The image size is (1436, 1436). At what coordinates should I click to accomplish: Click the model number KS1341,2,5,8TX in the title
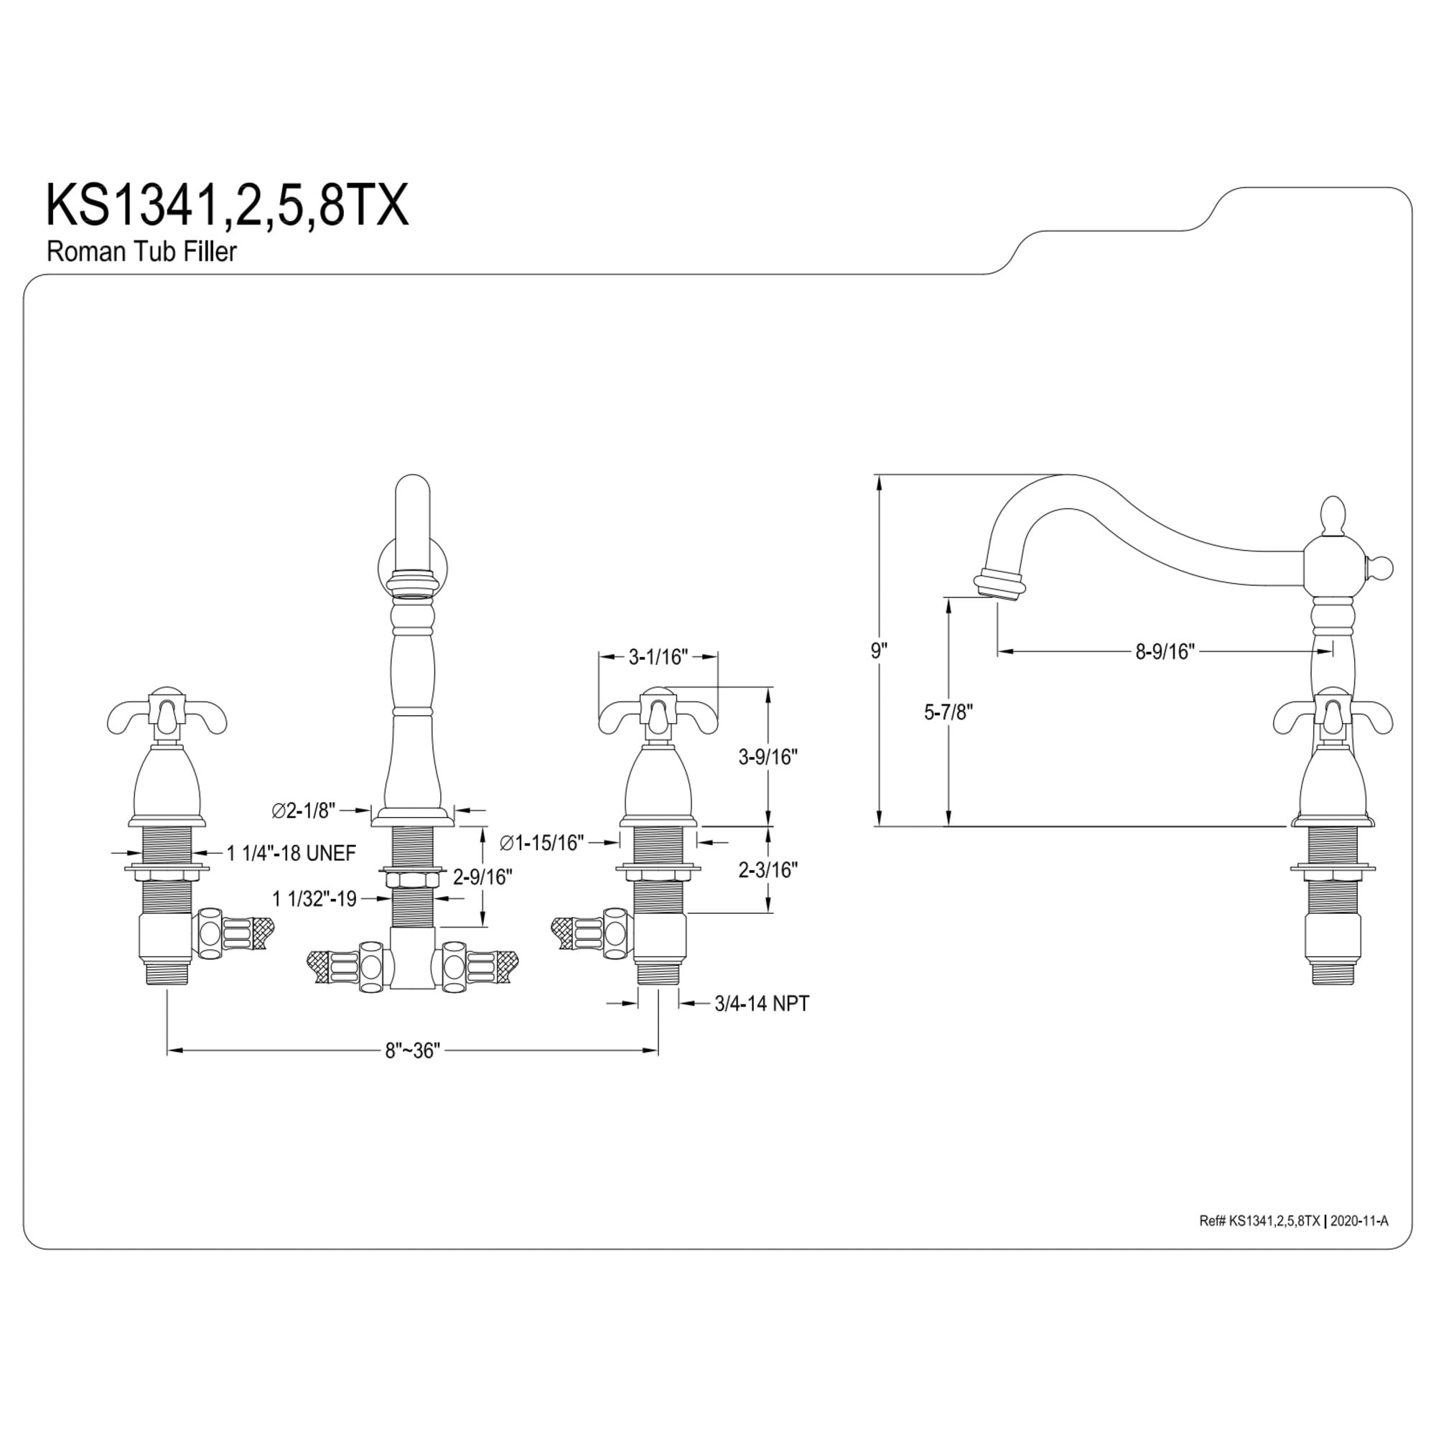(x=228, y=206)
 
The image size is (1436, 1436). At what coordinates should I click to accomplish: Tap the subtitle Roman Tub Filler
(x=141, y=251)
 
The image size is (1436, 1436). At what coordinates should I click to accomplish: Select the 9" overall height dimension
(x=880, y=651)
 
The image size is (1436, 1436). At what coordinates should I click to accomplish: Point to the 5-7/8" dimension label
(x=948, y=712)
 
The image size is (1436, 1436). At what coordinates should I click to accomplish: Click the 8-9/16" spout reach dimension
(x=1165, y=652)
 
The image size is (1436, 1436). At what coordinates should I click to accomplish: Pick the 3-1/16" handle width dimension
(x=658, y=657)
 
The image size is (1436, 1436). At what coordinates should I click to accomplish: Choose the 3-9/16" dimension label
(x=768, y=757)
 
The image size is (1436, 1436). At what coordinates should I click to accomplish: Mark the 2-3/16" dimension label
(x=768, y=869)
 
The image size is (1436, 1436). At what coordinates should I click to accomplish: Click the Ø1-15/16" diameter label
(x=542, y=843)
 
